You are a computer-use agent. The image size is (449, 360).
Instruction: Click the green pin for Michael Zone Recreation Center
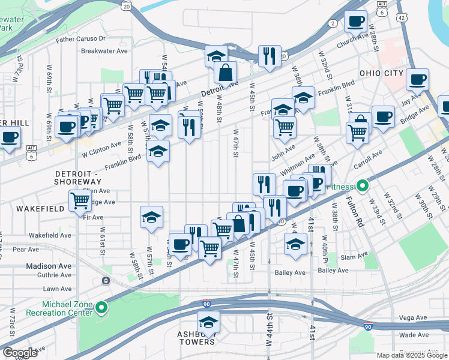(102, 308)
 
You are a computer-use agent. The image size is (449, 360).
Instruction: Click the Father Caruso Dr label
(80, 39)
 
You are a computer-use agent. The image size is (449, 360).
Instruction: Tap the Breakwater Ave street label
(104, 51)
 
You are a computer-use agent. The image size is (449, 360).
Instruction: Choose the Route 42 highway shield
(402, 19)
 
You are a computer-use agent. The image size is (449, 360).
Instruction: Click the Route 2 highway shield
(332, 23)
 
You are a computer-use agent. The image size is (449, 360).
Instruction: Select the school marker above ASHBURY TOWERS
(209, 321)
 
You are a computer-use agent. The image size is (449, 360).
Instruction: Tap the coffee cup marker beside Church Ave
(355, 22)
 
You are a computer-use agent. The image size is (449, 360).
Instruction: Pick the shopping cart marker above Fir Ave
(80, 200)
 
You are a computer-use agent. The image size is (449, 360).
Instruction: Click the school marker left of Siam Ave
(295, 244)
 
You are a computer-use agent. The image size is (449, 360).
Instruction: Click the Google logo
(20, 352)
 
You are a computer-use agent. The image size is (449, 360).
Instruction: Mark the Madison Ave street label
(49, 266)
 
